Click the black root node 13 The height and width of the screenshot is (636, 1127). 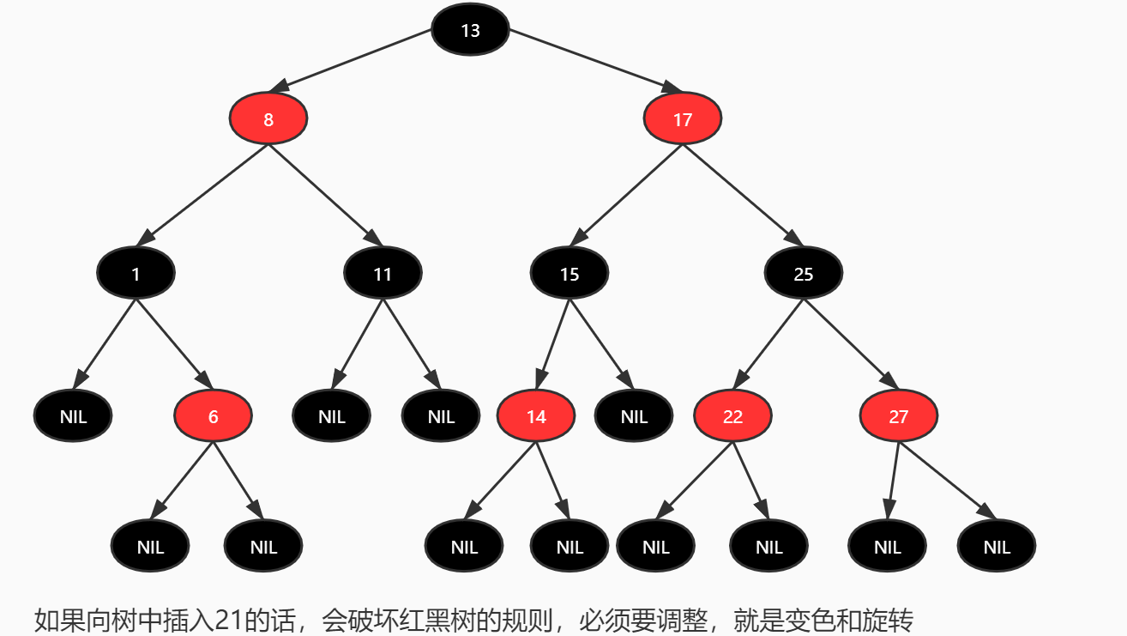tap(470, 30)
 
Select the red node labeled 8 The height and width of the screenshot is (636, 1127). tap(268, 119)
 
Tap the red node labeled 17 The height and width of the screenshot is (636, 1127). tap(683, 119)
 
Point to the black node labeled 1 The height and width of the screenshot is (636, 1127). tap(136, 274)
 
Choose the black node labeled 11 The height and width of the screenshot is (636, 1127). tap(383, 274)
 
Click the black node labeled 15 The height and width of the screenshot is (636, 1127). tap(570, 274)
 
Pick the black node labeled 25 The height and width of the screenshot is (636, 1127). tap(804, 274)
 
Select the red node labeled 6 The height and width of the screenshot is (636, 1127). tap(213, 416)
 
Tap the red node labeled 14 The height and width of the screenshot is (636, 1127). tap(536, 416)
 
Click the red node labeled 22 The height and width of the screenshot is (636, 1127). tap(732, 416)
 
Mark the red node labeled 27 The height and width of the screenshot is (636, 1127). tap(898, 416)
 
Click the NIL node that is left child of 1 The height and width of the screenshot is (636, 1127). tap(73, 416)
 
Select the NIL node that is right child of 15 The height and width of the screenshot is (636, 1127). tap(634, 416)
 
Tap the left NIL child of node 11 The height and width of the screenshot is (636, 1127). tap(331, 416)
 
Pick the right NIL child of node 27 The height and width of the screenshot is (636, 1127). tap(997, 547)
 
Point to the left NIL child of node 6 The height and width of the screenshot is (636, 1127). tap(150, 547)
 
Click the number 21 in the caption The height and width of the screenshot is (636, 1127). tap(228, 620)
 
